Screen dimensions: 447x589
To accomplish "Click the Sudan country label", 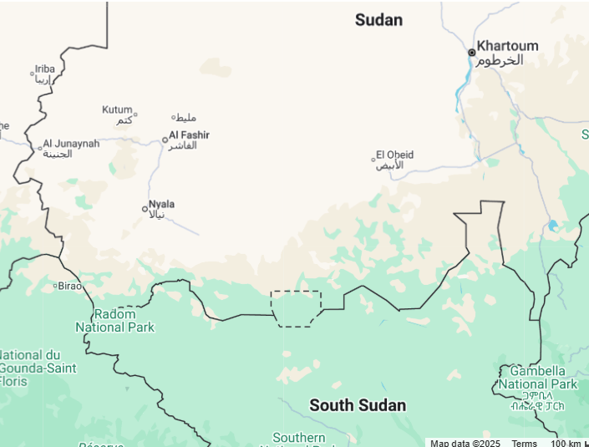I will click(378, 20).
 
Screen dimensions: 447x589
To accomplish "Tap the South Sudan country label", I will click(358, 406).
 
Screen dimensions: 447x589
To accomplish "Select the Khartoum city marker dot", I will click(471, 53).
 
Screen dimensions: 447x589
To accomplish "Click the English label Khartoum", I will click(507, 46).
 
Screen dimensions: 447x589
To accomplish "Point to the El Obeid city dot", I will click(373, 159).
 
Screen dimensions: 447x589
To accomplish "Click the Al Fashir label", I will click(190, 135).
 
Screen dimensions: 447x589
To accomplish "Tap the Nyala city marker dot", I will click(145, 209).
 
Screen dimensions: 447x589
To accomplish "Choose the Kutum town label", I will click(117, 109).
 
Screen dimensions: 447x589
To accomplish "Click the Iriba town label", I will click(44, 69).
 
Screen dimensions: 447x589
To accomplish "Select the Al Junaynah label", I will click(71, 144).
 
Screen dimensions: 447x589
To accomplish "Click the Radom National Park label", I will click(114, 321).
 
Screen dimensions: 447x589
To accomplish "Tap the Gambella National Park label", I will click(538, 378).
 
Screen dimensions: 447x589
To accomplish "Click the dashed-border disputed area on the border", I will click(296, 308).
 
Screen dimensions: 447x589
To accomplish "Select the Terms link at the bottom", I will click(525, 443).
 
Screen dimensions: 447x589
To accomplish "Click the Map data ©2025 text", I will click(465, 443).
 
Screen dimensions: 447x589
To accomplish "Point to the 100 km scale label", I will click(565, 443).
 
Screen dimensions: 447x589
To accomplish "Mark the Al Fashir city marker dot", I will click(165, 140).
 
